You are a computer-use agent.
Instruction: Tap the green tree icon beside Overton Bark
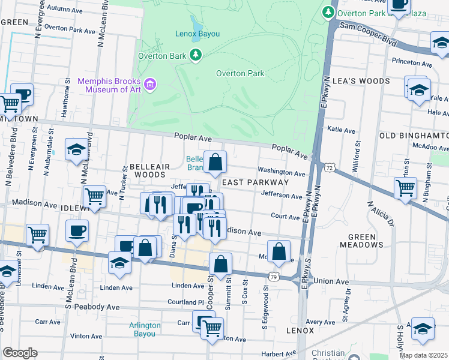click(195, 56)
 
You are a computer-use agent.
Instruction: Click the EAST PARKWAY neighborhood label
click(256, 182)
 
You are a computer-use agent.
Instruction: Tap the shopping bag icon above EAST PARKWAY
click(215, 162)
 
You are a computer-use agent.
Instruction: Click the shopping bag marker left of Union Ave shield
click(221, 264)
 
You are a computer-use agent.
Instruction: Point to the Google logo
click(20, 353)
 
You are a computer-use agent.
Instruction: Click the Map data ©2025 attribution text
click(424, 355)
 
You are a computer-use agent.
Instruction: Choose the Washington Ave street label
click(282, 172)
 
